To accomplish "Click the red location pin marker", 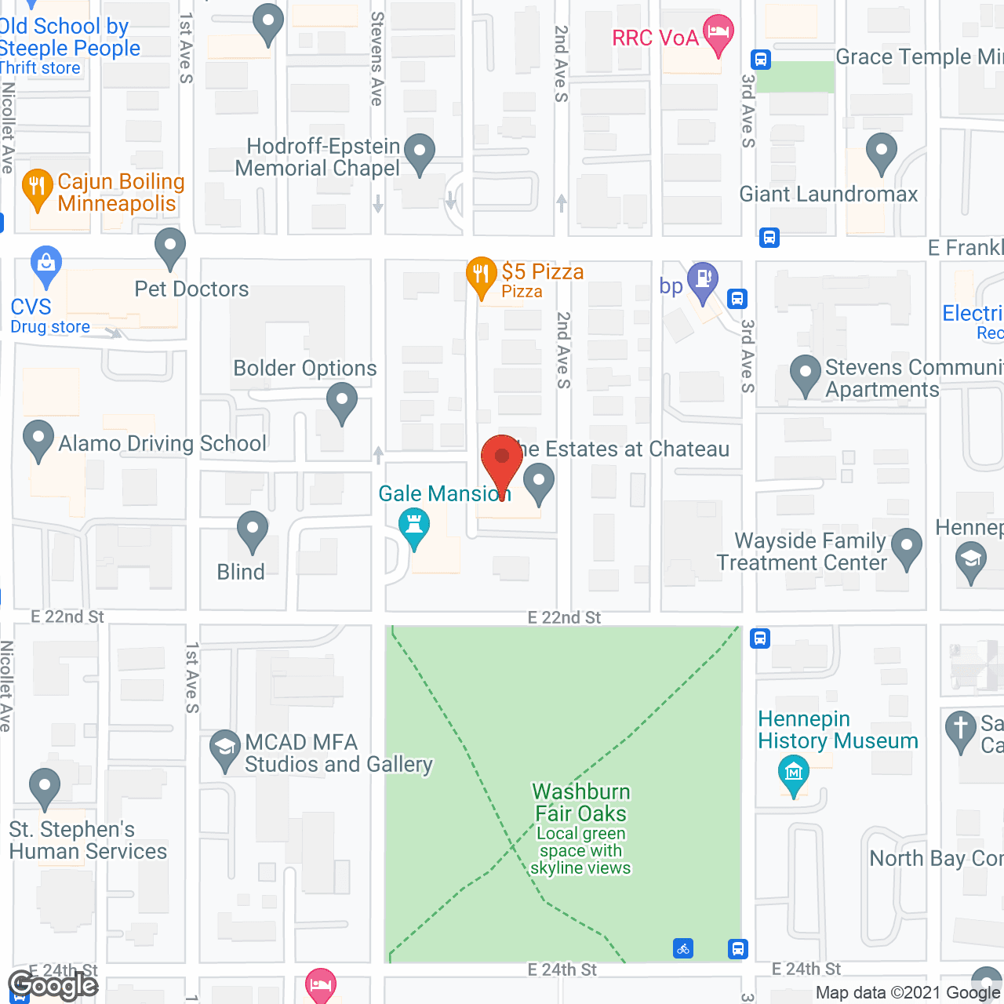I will click(502, 460).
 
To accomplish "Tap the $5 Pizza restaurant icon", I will click(481, 275).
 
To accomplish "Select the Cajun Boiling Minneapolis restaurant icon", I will click(37, 187).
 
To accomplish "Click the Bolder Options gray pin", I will click(341, 401).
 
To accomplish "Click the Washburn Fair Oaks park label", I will click(580, 802).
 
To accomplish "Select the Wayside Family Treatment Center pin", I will click(907, 547).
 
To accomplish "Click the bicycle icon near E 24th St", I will click(683, 949).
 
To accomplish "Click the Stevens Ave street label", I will click(377, 59).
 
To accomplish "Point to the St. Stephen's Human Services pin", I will click(44, 787).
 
